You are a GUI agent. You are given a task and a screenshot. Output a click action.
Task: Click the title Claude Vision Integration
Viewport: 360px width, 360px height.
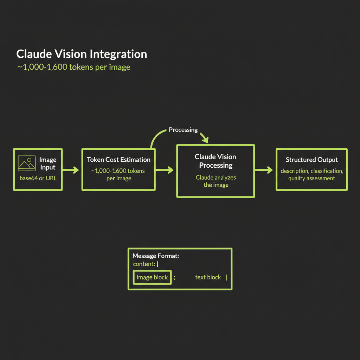click(x=82, y=54)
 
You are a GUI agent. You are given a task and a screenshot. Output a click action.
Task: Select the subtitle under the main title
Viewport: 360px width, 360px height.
click(x=73, y=67)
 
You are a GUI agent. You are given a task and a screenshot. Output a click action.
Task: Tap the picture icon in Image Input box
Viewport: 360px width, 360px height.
click(x=27, y=163)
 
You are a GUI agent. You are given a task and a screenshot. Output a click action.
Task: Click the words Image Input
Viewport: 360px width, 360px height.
click(x=47, y=164)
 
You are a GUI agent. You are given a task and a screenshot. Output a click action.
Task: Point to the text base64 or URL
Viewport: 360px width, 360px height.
click(x=38, y=178)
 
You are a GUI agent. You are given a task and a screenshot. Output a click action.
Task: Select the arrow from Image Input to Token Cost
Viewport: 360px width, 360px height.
click(x=71, y=171)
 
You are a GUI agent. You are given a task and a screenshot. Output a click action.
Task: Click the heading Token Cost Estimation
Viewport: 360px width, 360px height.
click(x=118, y=160)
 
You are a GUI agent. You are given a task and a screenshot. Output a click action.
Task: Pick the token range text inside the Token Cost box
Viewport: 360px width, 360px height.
click(x=118, y=174)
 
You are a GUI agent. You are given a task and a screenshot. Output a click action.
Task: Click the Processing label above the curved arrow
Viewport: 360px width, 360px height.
click(x=183, y=130)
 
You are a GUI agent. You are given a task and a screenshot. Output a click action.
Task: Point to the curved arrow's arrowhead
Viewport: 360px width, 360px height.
click(x=206, y=140)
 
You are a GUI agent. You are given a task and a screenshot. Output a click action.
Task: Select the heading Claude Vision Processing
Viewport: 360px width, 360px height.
click(x=216, y=161)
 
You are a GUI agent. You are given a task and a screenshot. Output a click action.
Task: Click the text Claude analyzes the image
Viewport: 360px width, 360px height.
click(x=216, y=181)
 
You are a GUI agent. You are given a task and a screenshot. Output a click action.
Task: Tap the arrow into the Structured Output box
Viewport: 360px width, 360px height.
click(x=264, y=170)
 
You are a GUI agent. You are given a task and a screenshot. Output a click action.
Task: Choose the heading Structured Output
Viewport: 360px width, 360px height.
click(x=311, y=160)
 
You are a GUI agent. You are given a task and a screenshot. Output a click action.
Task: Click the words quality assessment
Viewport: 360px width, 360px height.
click(x=311, y=178)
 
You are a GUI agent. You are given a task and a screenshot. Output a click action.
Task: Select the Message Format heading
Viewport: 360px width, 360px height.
click(x=156, y=256)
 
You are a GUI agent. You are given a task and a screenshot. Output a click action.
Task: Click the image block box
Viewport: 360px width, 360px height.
click(x=152, y=277)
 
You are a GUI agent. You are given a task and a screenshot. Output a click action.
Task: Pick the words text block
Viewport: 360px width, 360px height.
click(x=208, y=277)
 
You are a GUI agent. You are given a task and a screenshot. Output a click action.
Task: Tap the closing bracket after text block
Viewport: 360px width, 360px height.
click(x=226, y=277)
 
